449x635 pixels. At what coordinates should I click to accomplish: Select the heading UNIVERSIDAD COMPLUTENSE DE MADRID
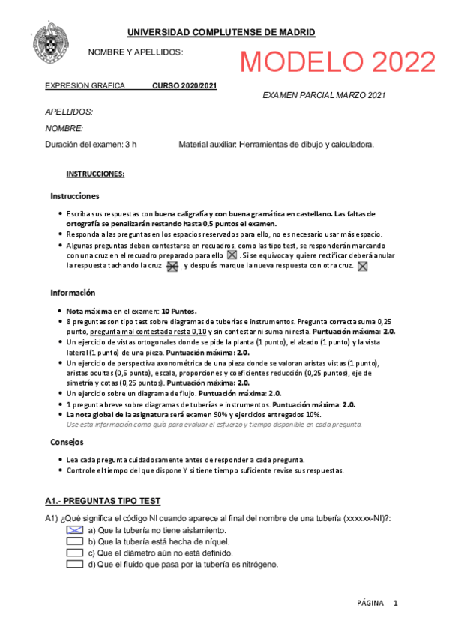tap(221, 32)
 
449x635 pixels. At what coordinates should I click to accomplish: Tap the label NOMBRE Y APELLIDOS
tap(136, 52)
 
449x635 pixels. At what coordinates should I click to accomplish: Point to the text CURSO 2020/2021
tap(185, 86)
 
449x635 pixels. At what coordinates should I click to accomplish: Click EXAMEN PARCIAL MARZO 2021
tap(324, 95)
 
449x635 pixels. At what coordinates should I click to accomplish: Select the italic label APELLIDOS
tap(69, 112)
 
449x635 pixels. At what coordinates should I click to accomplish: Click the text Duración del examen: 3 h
tap(91, 144)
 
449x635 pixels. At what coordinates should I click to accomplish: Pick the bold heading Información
tap(73, 293)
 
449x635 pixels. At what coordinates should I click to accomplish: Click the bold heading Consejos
tap(67, 442)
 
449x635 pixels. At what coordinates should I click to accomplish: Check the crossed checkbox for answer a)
tap(74, 530)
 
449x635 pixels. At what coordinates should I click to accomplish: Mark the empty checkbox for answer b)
tap(74, 541)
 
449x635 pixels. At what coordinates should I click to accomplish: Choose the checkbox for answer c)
tap(74, 553)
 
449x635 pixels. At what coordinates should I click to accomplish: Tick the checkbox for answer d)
tap(74, 565)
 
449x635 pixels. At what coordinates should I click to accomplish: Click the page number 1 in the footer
tap(395, 603)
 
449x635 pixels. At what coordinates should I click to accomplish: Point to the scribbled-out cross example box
tap(172, 266)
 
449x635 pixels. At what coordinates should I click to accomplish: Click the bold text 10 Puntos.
tap(179, 310)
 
